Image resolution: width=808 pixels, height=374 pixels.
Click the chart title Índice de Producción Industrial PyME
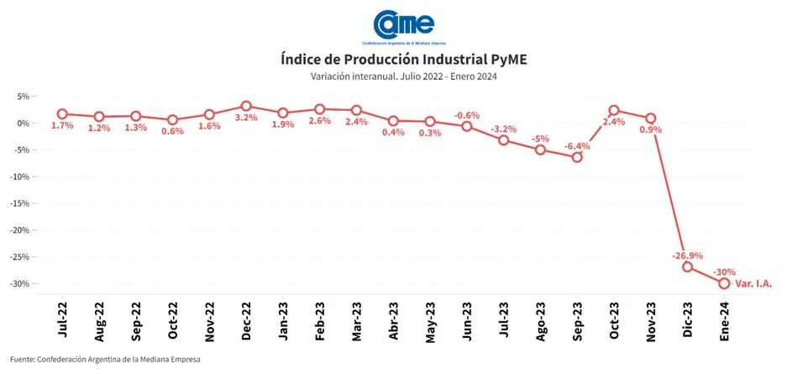(x=404, y=60)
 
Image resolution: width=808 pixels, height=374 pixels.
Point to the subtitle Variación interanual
(x=404, y=77)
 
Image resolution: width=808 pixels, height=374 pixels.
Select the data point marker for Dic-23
(x=687, y=266)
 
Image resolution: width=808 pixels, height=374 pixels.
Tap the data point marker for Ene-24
(x=724, y=283)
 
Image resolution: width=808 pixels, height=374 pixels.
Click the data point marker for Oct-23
(x=614, y=110)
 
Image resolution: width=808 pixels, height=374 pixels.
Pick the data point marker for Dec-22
(x=246, y=106)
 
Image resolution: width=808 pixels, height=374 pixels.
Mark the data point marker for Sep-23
(x=577, y=157)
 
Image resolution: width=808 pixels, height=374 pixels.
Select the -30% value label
(x=723, y=272)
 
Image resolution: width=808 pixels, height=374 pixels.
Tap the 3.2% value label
(x=246, y=118)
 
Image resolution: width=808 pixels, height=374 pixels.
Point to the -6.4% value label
(x=578, y=145)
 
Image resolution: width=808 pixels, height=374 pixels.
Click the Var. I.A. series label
(x=753, y=284)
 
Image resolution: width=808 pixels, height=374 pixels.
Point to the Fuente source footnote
(x=106, y=360)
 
